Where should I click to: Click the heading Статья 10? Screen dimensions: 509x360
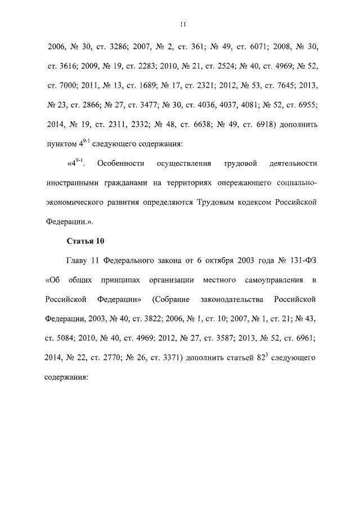pyautogui.click(x=85, y=241)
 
